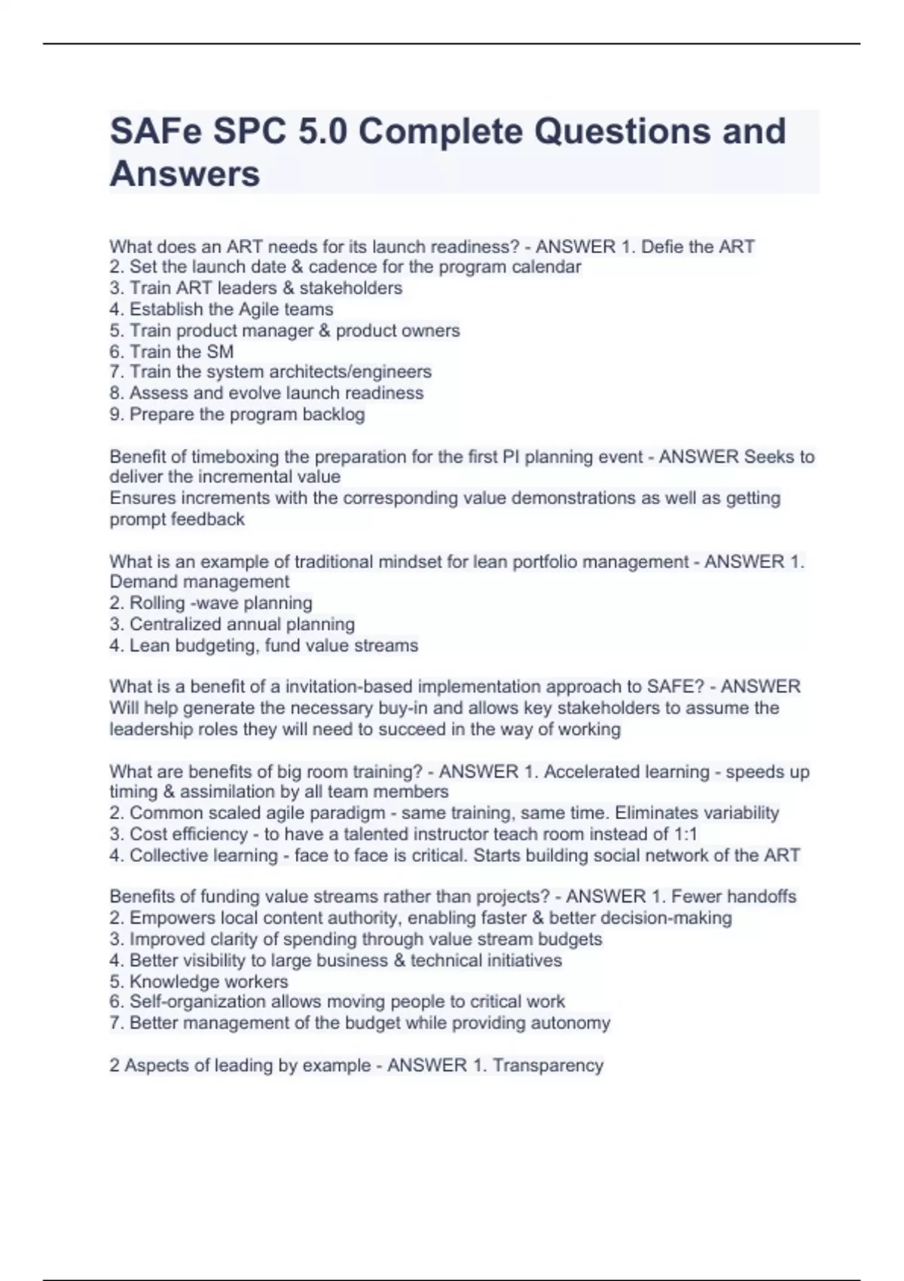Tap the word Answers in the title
[x=185, y=174]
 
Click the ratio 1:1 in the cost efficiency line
[x=685, y=834]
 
